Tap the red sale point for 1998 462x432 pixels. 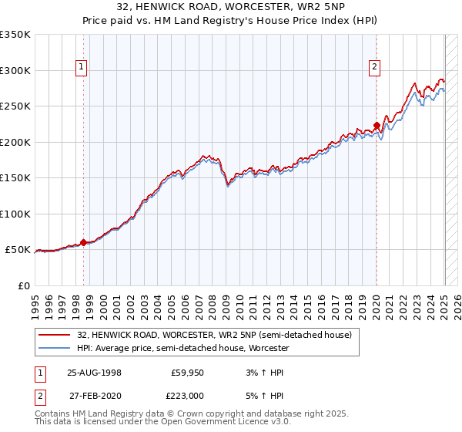pyautogui.click(x=83, y=242)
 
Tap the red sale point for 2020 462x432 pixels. pyautogui.click(x=377, y=126)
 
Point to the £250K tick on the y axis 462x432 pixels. pyautogui.click(x=17, y=106)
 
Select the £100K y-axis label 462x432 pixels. pyautogui.click(x=17, y=214)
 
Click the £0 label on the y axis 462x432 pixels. pyautogui.click(x=25, y=285)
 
